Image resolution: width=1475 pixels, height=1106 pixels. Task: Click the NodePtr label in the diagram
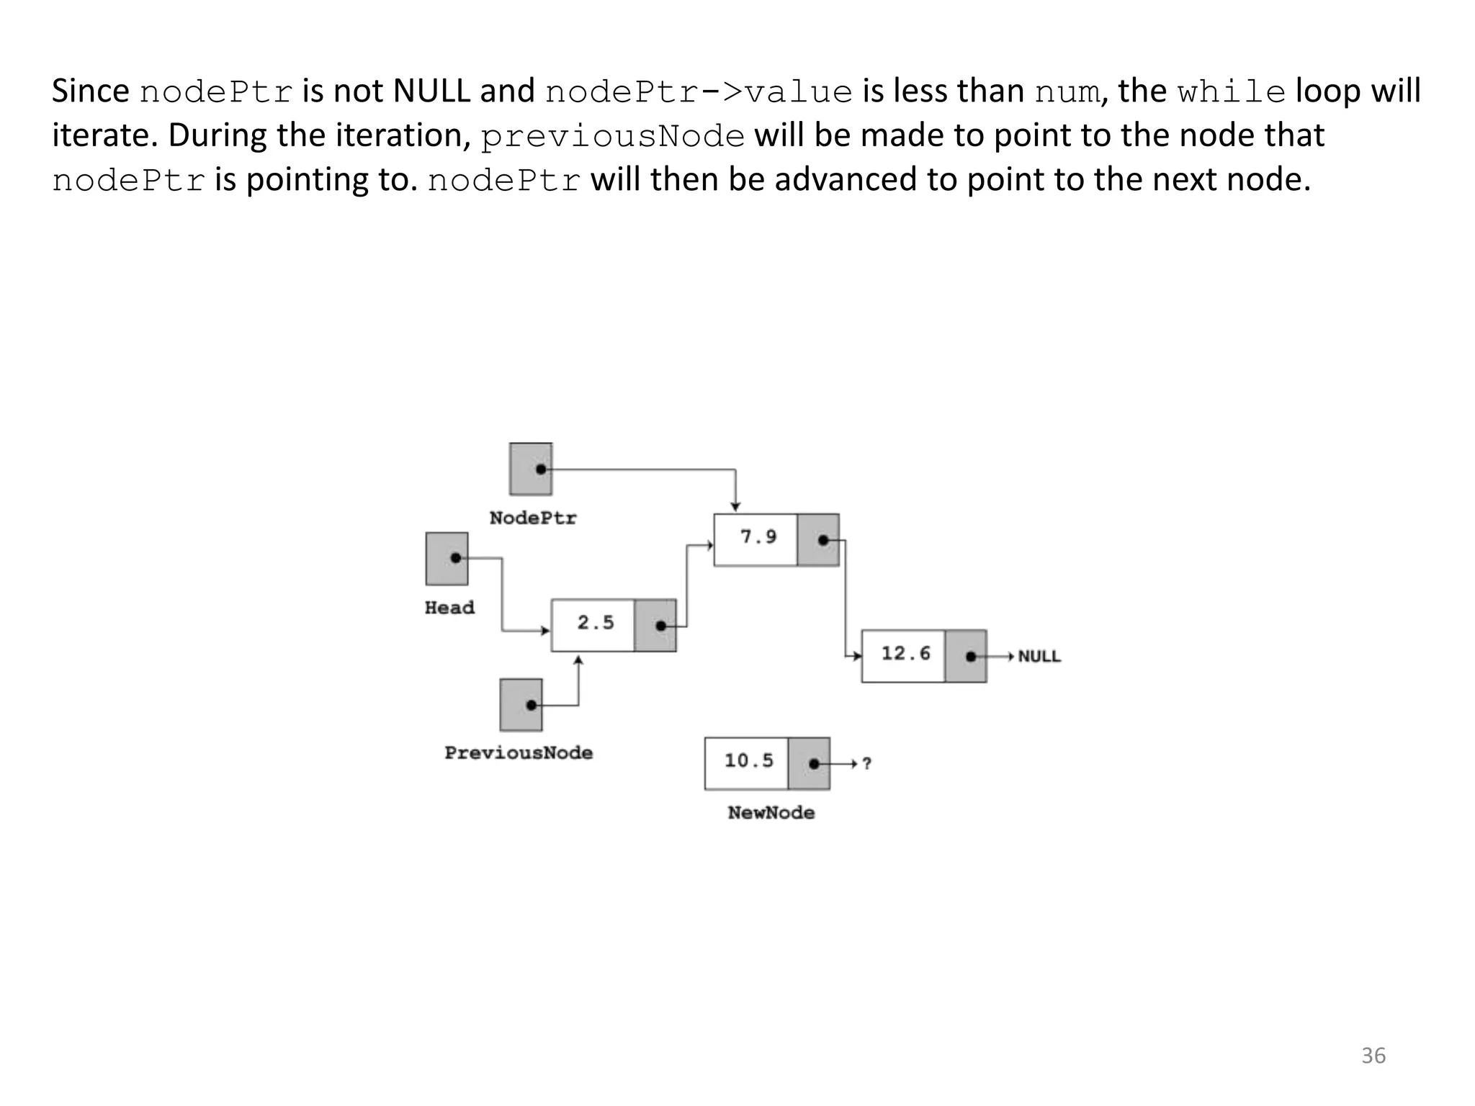(x=533, y=518)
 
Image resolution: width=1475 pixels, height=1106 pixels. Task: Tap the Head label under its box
(x=449, y=608)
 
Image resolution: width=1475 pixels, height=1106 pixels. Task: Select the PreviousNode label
(x=519, y=752)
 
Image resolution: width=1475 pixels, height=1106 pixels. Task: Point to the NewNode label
(x=771, y=812)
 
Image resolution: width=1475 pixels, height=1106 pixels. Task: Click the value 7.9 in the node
(x=758, y=537)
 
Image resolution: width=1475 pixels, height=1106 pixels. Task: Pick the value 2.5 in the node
(x=596, y=623)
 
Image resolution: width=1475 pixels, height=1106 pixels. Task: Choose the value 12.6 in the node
(x=905, y=654)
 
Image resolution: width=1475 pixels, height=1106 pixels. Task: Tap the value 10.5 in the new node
(x=748, y=760)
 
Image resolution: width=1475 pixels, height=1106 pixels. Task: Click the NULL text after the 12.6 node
(x=1039, y=657)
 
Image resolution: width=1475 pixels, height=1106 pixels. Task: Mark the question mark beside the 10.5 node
(x=867, y=763)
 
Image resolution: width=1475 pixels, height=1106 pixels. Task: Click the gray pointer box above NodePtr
(x=531, y=469)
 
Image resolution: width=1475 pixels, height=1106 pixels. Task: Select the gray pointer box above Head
(x=447, y=559)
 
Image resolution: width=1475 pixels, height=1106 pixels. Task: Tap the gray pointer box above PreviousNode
(x=521, y=704)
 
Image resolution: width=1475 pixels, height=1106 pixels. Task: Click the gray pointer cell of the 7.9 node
(x=818, y=540)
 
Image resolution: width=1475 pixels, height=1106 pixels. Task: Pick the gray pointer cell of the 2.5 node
(x=655, y=625)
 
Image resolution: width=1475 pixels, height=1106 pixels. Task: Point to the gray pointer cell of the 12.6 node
(x=965, y=656)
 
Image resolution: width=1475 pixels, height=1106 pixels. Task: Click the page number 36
(x=1373, y=1056)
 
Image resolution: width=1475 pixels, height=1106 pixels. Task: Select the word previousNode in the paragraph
(x=612, y=136)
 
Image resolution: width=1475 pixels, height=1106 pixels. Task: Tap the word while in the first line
(x=1232, y=91)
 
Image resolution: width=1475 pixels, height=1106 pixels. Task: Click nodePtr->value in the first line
(x=699, y=91)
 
